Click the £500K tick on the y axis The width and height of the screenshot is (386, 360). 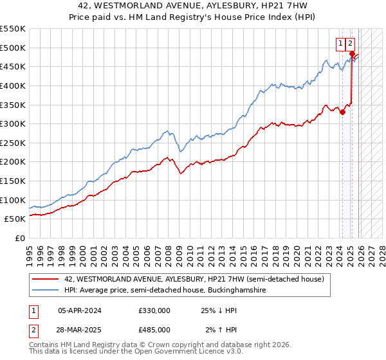(13, 48)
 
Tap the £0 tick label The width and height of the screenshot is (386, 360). (21, 239)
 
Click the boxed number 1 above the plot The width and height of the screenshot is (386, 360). (340, 44)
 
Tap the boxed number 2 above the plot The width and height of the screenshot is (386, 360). (350, 44)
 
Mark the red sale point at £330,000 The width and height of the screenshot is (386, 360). (342, 113)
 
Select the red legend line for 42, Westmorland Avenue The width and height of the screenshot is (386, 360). (46, 279)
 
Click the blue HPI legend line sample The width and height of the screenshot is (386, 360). (46, 290)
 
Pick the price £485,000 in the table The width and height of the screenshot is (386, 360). (154, 329)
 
